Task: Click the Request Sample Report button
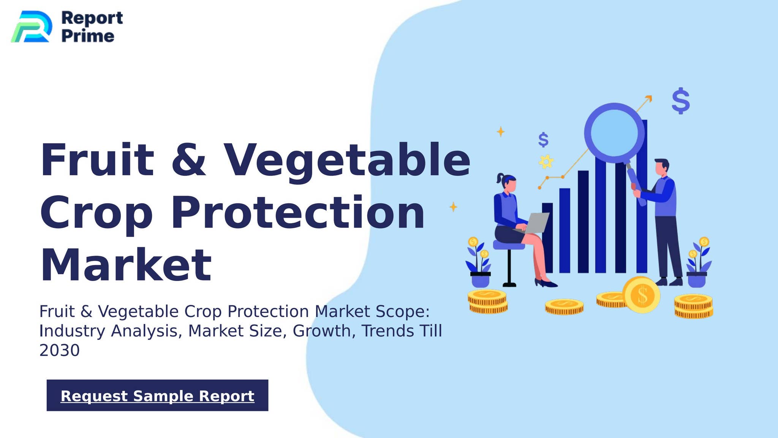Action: pyautogui.click(x=157, y=395)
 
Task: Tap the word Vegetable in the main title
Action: pyautogui.click(x=346, y=160)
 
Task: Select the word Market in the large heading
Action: pyautogui.click(x=126, y=265)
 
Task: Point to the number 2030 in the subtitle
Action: pyautogui.click(x=60, y=350)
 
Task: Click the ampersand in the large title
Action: pyautogui.click(x=188, y=160)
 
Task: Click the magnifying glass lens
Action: pyautogui.click(x=614, y=132)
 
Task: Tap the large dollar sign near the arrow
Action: pyautogui.click(x=681, y=101)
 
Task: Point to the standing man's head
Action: pyautogui.click(x=662, y=167)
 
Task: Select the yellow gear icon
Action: pyautogui.click(x=546, y=162)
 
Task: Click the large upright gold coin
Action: pyautogui.click(x=642, y=295)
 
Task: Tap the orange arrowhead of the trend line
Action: pyautogui.click(x=649, y=98)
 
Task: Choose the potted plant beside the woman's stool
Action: pyautogui.click(x=479, y=264)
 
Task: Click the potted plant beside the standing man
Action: pyautogui.click(x=697, y=263)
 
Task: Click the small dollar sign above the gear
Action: pyautogui.click(x=544, y=140)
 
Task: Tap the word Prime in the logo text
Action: pyautogui.click(x=88, y=36)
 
